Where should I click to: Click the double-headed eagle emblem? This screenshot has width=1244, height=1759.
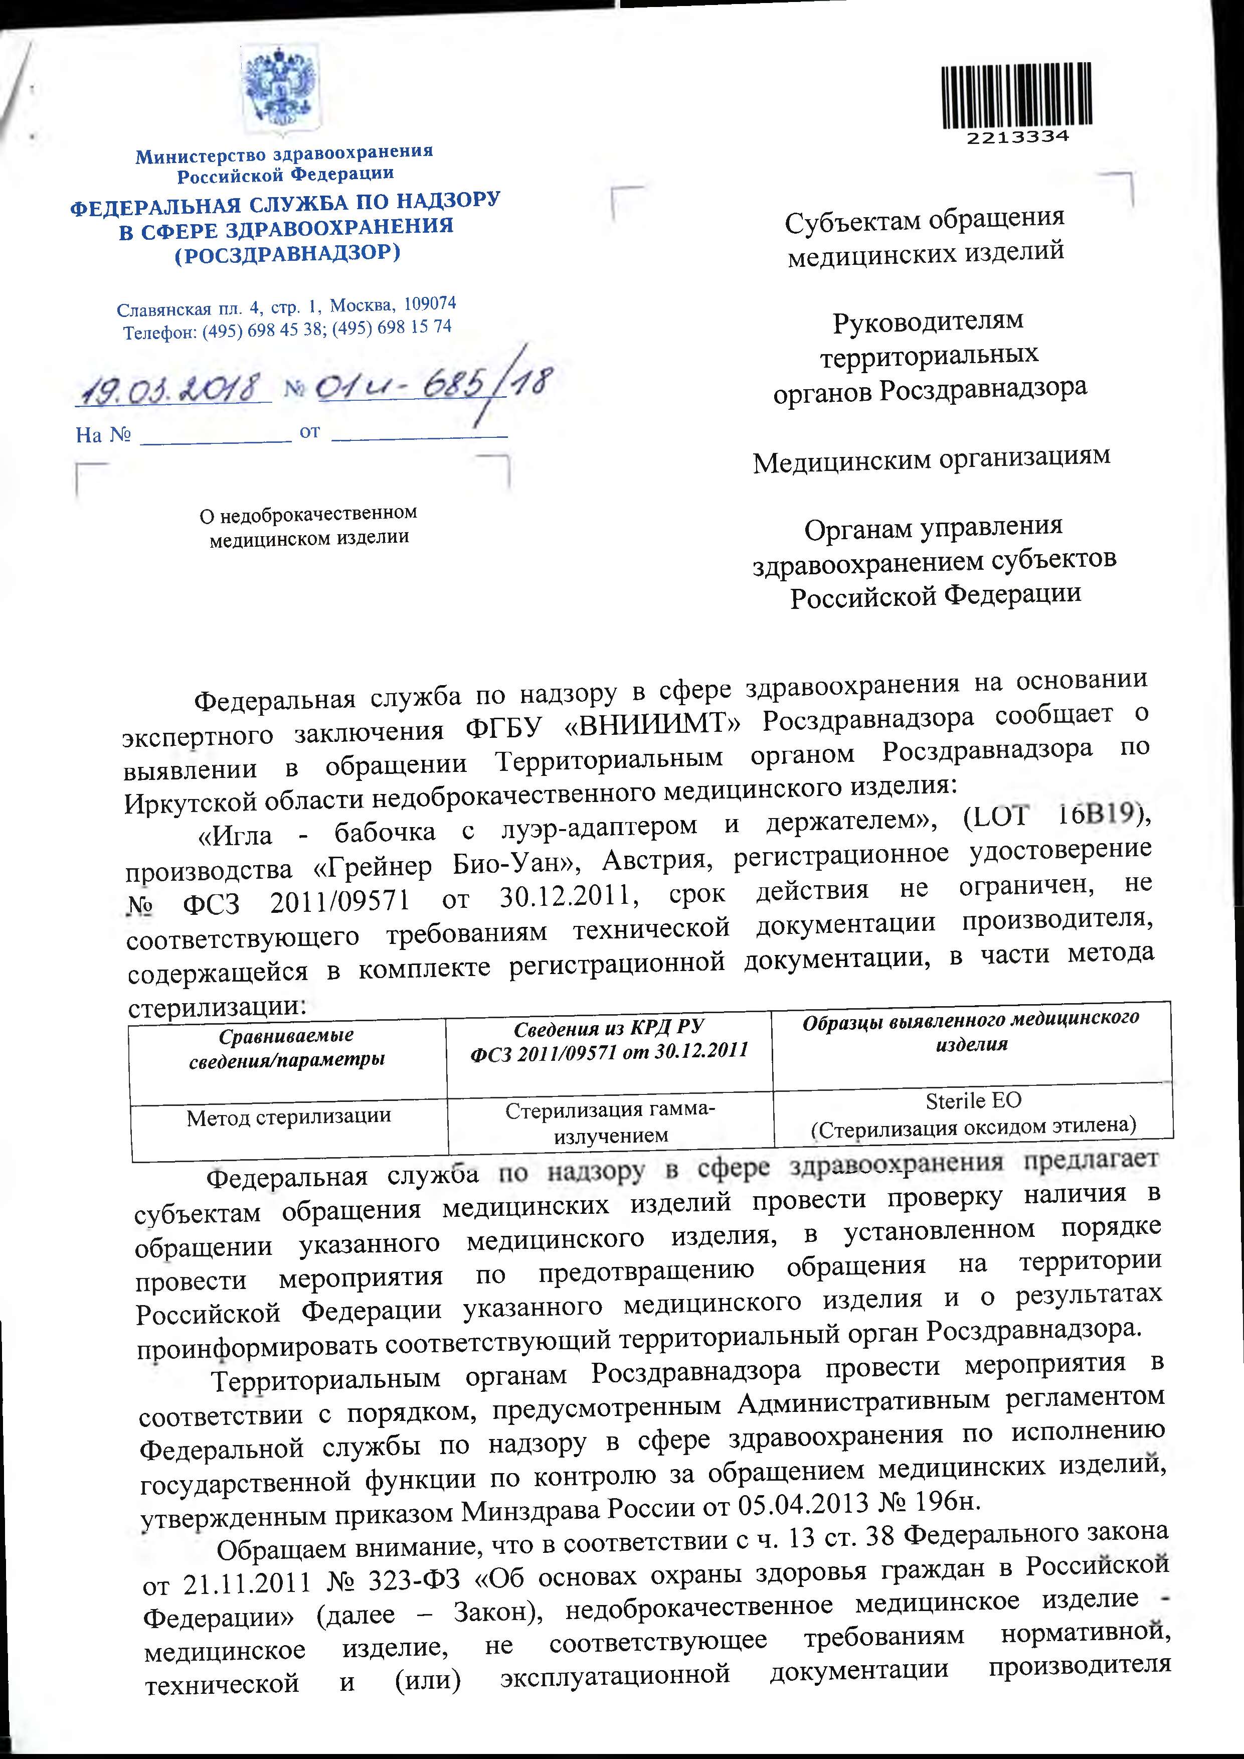coord(280,90)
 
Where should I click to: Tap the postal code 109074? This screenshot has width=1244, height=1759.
coord(430,303)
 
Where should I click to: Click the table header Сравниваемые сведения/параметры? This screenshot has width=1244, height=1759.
coord(286,1047)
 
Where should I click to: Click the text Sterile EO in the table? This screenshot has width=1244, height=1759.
coord(973,1101)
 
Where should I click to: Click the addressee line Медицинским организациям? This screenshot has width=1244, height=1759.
coord(931,459)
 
